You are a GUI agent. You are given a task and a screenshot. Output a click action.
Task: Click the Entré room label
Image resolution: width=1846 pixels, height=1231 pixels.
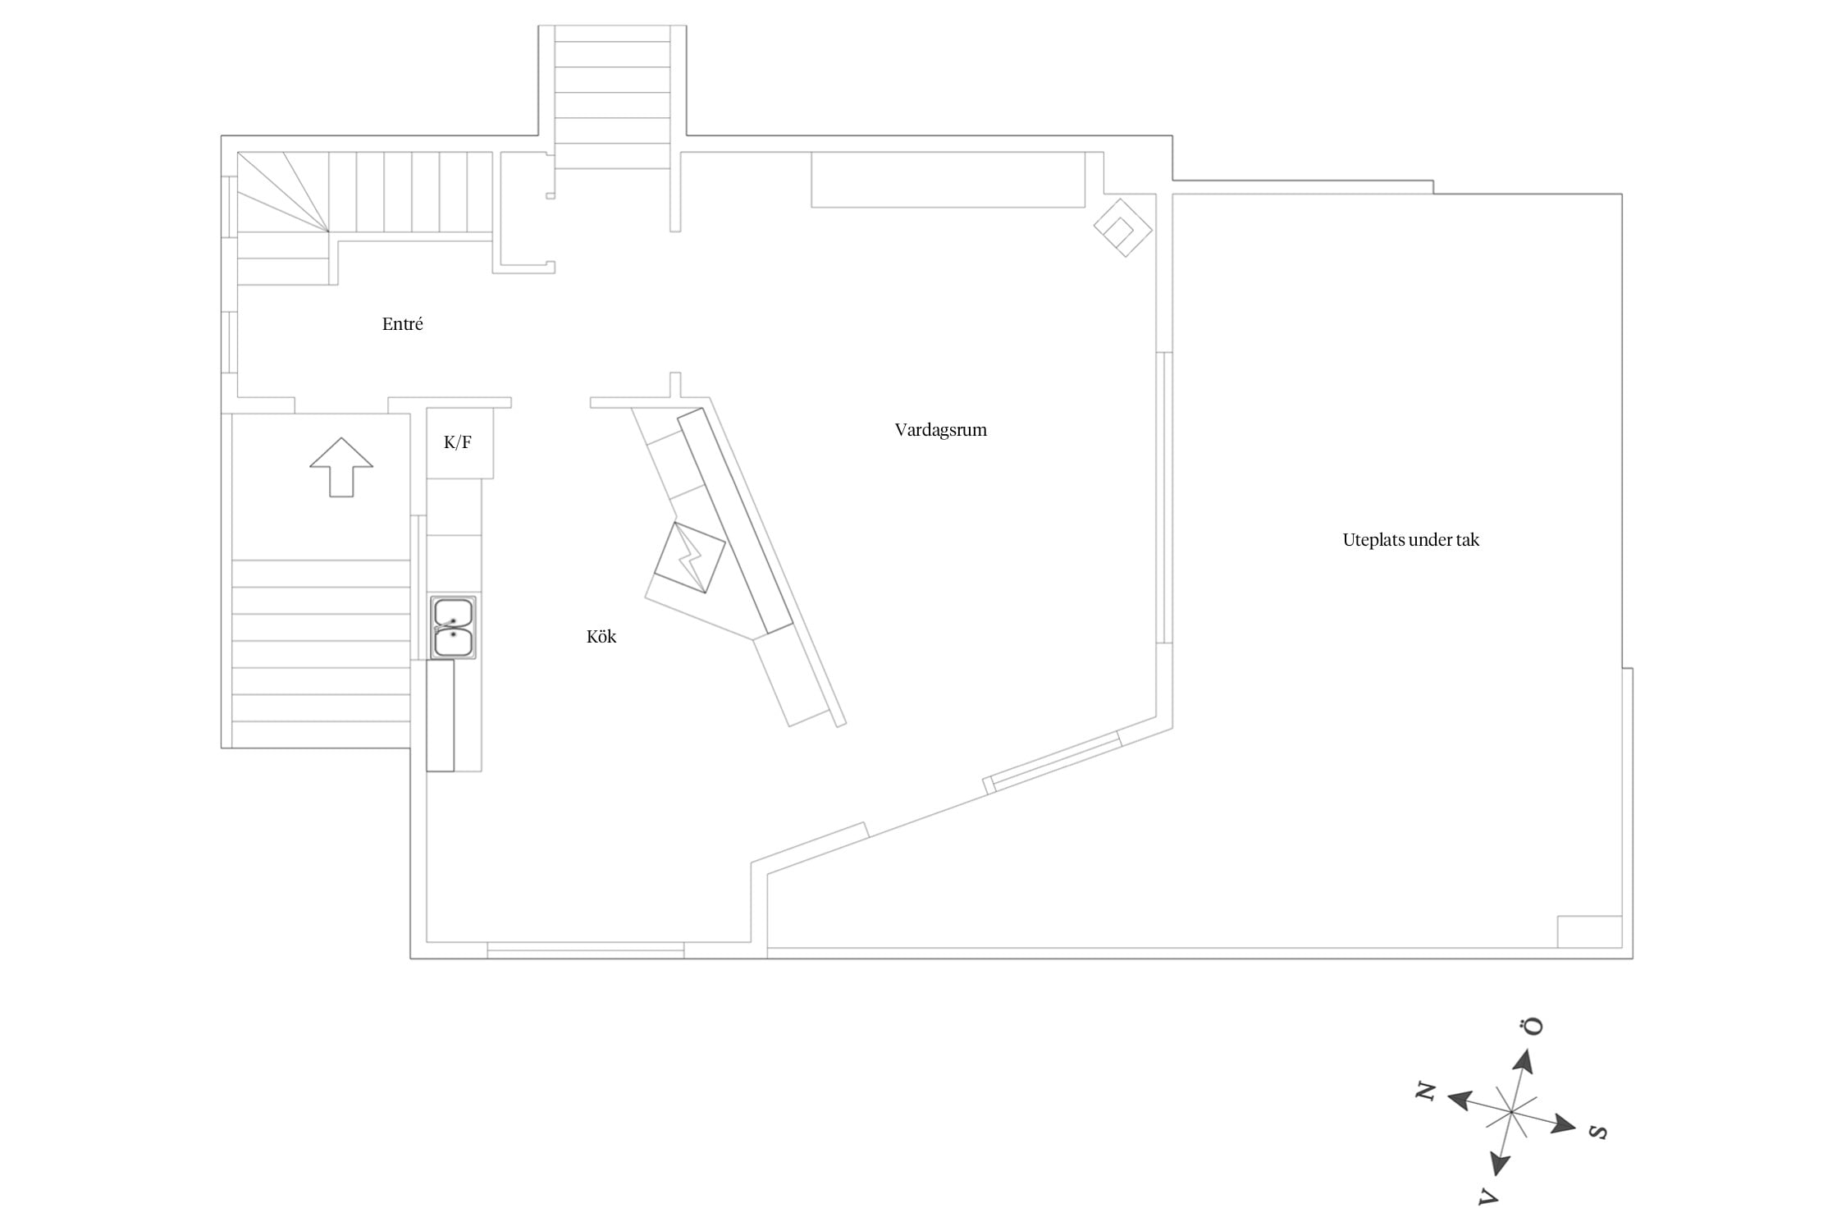(x=402, y=324)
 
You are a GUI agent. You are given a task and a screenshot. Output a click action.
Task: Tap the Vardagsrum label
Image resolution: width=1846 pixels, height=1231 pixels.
(x=940, y=430)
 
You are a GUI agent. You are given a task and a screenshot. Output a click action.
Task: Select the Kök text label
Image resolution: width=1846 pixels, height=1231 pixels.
(x=601, y=637)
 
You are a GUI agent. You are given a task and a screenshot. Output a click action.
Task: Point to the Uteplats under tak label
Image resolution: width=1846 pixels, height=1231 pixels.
(x=1410, y=540)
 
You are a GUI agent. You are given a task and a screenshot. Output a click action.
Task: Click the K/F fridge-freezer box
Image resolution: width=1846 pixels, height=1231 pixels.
(x=459, y=443)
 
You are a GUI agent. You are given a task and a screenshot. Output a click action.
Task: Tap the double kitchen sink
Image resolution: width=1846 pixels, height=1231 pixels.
(x=453, y=628)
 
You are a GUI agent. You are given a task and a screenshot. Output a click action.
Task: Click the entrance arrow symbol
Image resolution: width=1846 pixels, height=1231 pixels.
(x=341, y=467)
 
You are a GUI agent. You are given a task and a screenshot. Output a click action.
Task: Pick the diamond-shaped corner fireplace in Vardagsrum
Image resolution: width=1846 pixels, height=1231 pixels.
(x=1123, y=227)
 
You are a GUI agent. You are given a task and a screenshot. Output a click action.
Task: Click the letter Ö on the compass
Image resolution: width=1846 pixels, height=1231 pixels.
(x=1531, y=1026)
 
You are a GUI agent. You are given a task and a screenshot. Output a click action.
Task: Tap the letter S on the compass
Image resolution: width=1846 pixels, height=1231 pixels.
(x=1597, y=1133)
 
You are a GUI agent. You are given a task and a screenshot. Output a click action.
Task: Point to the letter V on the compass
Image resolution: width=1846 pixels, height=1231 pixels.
(x=1488, y=1196)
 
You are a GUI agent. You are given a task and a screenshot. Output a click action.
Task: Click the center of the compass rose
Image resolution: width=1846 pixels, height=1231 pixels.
(x=1510, y=1112)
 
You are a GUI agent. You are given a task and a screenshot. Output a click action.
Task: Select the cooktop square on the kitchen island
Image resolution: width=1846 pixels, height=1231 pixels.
(x=690, y=557)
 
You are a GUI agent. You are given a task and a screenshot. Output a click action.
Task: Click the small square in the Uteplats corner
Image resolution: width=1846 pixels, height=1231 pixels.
(x=1589, y=931)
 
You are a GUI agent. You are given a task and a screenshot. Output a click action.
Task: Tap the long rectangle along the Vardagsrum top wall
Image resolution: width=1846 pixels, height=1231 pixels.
(x=948, y=179)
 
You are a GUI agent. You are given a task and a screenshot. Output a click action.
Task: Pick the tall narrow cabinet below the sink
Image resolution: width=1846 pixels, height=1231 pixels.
(x=440, y=716)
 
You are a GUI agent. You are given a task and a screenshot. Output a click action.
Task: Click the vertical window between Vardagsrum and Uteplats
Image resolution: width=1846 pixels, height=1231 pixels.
(x=1164, y=497)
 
